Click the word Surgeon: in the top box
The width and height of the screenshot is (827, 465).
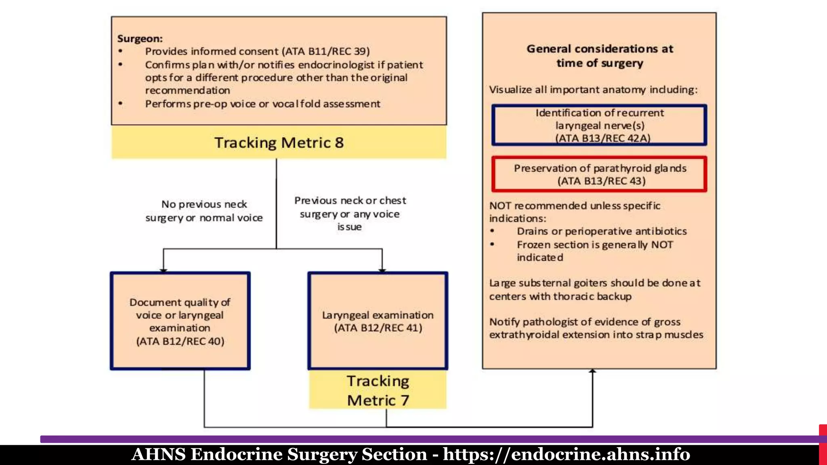tap(140, 39)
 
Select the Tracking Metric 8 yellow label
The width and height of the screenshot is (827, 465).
tap(279, 142)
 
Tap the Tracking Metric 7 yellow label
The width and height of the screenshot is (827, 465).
tap(378, 390)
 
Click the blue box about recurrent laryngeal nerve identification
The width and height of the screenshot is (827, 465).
tap(599, 125)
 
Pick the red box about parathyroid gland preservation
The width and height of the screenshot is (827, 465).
tap(599, 174)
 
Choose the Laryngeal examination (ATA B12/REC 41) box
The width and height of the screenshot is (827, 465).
tap(378, 321)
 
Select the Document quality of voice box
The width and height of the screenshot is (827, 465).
tap(180, 321)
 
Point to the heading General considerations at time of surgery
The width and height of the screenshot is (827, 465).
tap(600, 56)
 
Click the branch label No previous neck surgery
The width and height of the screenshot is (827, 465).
tap(204, 211)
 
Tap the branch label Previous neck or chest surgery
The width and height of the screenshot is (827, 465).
tap(350, 213)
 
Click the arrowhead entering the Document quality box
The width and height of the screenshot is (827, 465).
tap(164, 270)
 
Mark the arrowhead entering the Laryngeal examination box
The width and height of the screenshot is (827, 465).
tap(382, 270)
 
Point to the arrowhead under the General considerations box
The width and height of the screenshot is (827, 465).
tap(592, 371)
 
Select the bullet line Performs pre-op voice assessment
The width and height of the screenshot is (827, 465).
tap(262, 104)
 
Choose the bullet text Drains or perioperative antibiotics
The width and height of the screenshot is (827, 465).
tap(602, 231)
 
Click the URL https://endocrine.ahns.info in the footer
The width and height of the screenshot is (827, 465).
tap(566, 454)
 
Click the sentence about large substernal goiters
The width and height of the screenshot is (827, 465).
tap(594, 289)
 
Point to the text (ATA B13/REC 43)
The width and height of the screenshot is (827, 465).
tap(601, 181)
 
